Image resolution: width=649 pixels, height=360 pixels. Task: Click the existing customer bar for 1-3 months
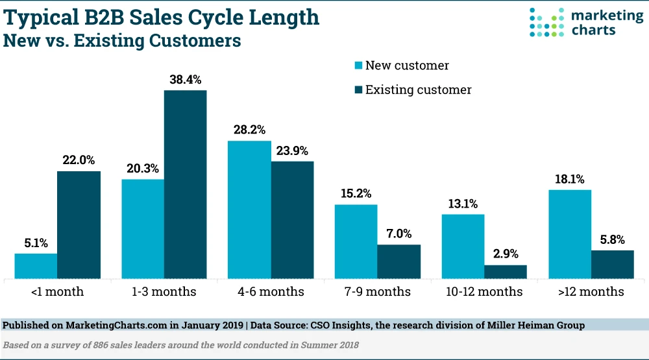185,185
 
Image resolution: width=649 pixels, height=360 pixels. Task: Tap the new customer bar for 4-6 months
249,210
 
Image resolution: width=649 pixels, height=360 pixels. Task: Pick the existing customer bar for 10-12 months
506,272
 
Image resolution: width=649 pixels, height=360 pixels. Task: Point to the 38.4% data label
185,80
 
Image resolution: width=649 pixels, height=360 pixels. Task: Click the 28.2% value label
249,130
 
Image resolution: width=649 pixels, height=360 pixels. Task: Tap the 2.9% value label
506,254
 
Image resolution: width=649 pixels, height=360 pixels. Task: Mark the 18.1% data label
570,179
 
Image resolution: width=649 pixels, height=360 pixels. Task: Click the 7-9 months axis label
378,292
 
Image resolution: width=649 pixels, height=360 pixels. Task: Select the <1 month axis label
57,292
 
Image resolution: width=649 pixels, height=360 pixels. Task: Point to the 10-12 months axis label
484,292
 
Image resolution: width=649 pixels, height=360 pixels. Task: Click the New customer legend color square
357,66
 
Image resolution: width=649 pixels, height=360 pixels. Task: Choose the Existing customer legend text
419,90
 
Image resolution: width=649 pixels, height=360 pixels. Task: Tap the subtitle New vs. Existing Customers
123,41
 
